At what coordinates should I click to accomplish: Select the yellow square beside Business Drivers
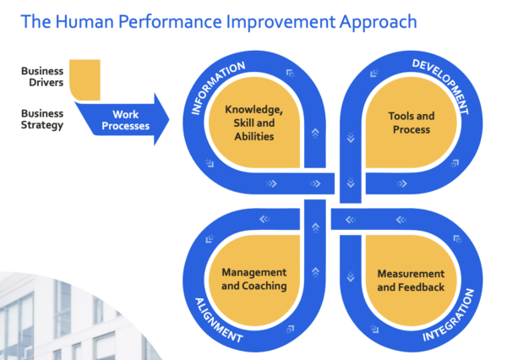click(84, 79)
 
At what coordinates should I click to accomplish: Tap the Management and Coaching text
click(253, 279)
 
